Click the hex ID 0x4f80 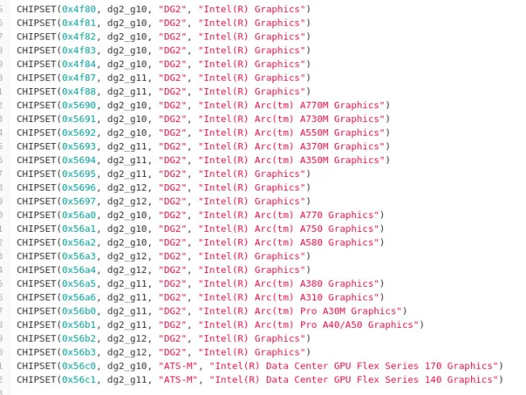click(x=78, y=9)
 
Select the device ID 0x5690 click(x=78, y=105)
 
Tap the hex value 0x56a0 click(x=78, y=215)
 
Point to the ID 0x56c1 click(x=78, y=380)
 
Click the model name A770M click(x=314, y=105)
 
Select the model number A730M click(x=314, y=119)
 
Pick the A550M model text click(x=314, y=132)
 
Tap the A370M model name click(x=314, y=146)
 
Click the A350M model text click(x=314, y=160)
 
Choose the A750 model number click(x=312, y=229)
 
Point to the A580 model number click(x=312, y=242)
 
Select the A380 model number click(x=312, y=284)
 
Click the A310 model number click(x=312, y=297)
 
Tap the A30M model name click(x=333, y=311)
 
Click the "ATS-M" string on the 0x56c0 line click(x=178, y=366)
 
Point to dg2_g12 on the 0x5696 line click(x=127, y=188)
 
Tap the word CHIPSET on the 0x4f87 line click(x=36, y=78)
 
